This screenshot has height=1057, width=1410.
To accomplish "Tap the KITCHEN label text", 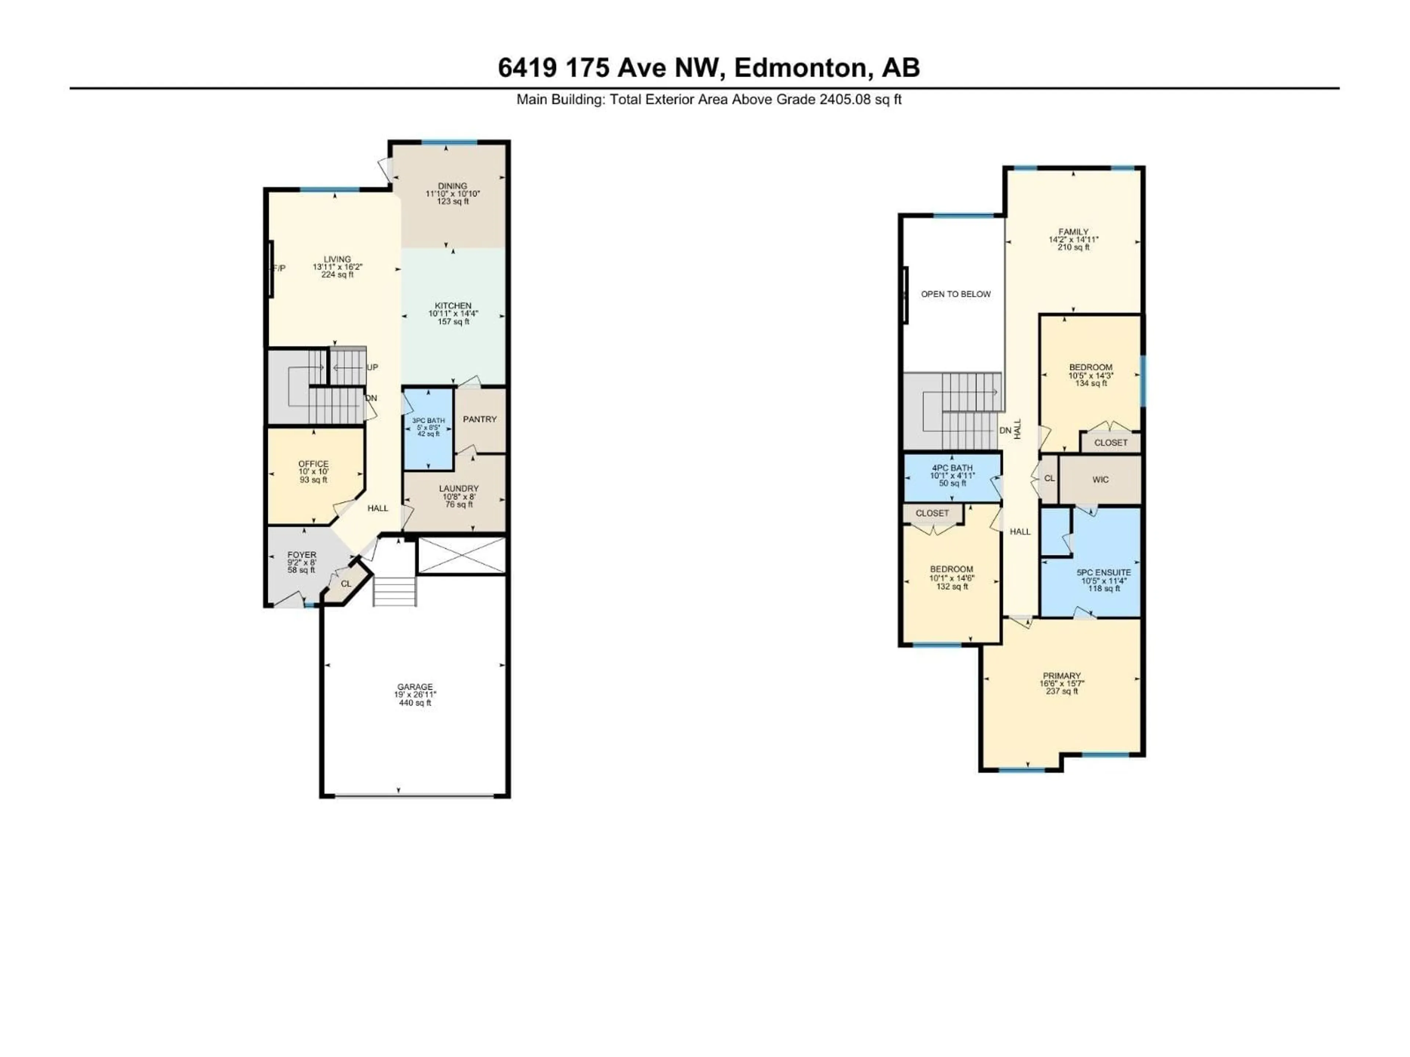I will [453, 306].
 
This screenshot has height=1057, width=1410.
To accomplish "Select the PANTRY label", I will [479, 419].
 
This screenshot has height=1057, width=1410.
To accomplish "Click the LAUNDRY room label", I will [458, 489].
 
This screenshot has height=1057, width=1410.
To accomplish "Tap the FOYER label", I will [301, 555].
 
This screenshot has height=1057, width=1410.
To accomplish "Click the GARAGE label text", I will [415, 687].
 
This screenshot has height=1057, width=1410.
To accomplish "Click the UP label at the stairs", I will [372, 368].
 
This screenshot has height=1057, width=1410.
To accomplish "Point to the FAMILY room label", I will [1073, 232].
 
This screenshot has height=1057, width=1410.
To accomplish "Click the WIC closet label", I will [1100, 480].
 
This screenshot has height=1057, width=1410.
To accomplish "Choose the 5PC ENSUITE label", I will [1103, 573].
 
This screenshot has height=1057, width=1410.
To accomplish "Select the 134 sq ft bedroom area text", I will [1091, 384].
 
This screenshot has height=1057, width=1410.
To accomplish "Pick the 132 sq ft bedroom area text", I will [952, 587].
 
